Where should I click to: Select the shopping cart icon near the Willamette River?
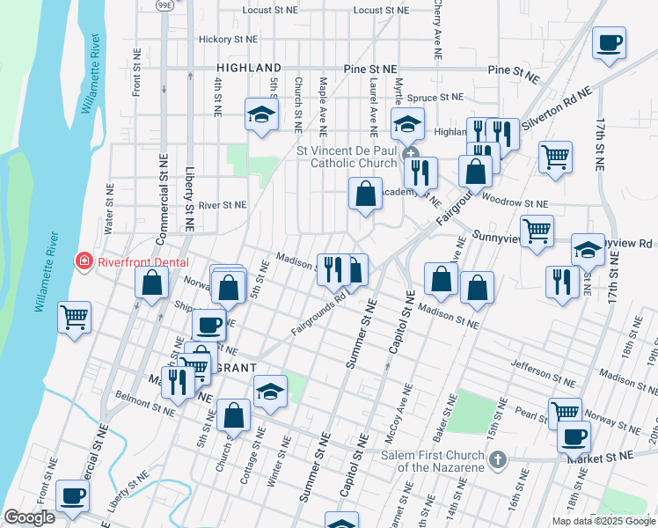74,317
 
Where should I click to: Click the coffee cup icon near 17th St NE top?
609,42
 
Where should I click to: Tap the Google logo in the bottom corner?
29,517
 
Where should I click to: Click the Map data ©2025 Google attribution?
603,521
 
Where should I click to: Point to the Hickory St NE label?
228,40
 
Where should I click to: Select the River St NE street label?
223,205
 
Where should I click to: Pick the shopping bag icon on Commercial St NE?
152,282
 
